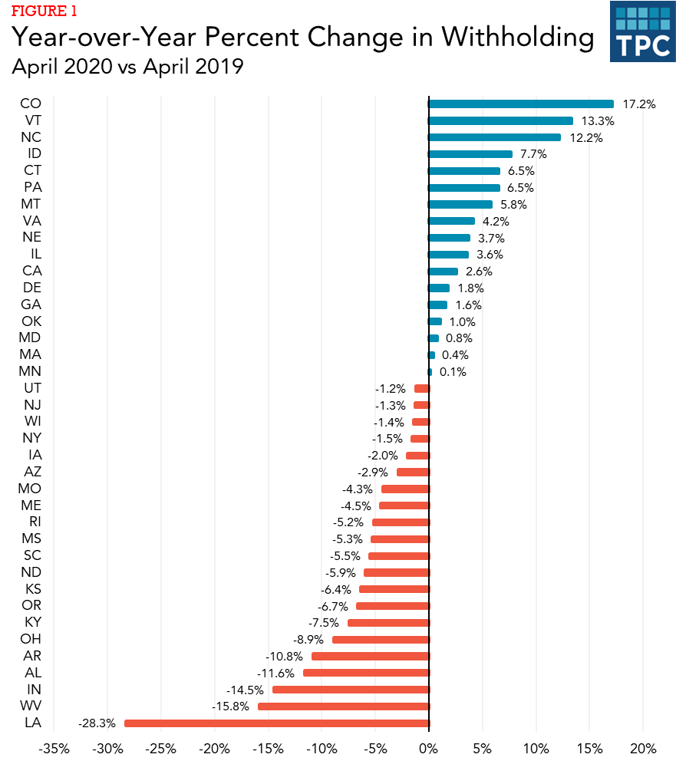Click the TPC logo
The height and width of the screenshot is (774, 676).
pos(641,33)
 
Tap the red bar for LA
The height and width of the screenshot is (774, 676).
pos(276,723)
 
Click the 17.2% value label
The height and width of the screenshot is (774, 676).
pos(639,104)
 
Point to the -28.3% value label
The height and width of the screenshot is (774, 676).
pos(97,723)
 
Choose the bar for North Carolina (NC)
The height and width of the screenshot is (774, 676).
pos(494,137)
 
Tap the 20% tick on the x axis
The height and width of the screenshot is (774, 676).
pos(643,749)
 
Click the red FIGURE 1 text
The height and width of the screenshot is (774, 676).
pos(44,12)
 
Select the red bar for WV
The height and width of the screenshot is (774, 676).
pos(343,706)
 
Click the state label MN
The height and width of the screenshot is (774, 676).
pos(31,371)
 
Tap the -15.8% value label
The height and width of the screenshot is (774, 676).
pos(230,706)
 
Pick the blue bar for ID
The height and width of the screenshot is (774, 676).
pos(470,154)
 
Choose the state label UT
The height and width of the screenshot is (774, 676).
pos(31,388)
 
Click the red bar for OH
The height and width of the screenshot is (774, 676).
pos(381,639)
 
